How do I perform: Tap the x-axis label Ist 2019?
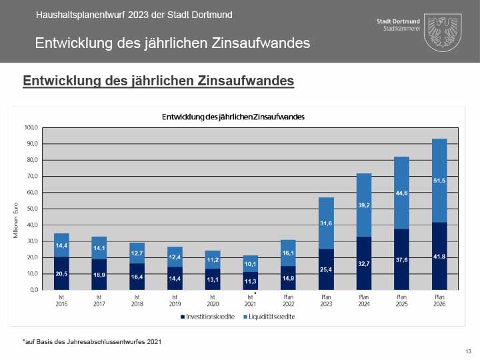pos(175,299)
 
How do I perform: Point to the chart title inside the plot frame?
pos(233,117)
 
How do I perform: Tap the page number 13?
pos(468,351)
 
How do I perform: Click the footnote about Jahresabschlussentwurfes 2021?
pos(91,341)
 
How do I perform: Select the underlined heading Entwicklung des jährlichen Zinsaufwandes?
pos(158,81)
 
